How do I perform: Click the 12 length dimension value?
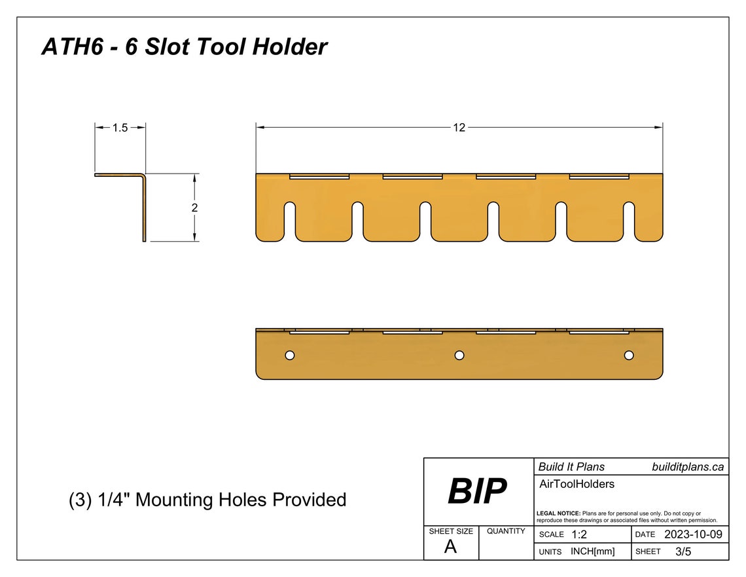459,128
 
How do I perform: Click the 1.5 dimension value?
120,128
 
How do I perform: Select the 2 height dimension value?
195,208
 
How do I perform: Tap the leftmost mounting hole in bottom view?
290,355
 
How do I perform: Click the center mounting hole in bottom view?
459,355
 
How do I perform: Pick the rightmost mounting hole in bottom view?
629,355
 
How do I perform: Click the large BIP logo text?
477,491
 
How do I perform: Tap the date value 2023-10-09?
693,534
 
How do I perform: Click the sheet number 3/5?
683,551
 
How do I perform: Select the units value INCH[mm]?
592,551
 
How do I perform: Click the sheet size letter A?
450,548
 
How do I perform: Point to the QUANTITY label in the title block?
506,531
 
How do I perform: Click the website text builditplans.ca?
688,467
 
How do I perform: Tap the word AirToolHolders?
576,485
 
